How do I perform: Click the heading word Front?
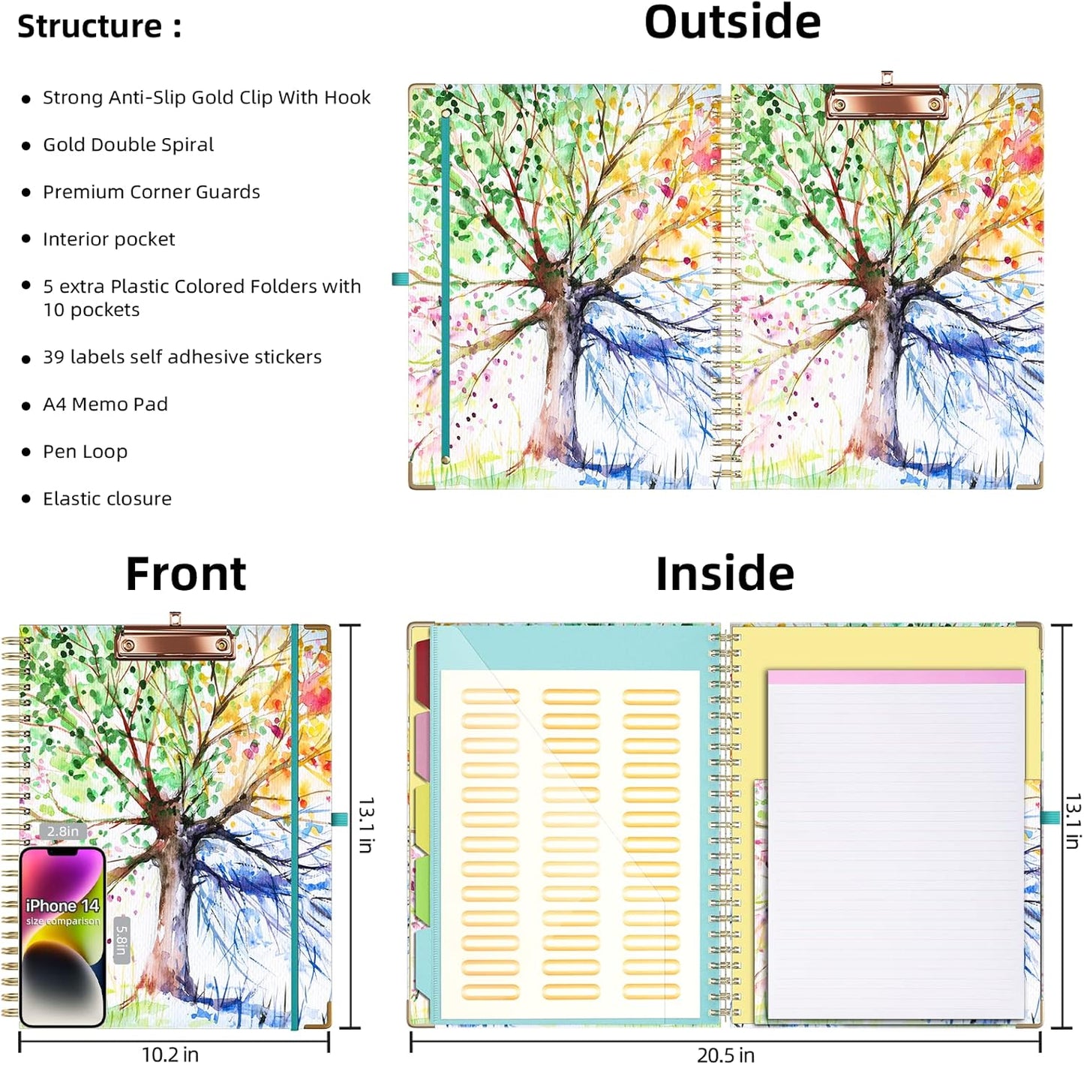(x=185, y=573)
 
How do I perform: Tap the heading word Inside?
(x=725, y=573)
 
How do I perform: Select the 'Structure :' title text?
(x=100, y=26)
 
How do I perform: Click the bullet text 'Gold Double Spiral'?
(x=128, y=145)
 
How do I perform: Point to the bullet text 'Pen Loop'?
(x=85, y=452)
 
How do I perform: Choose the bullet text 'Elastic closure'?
(x=107, y=498)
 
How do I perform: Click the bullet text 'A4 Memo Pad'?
(x=105, y=404)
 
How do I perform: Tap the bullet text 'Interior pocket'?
(x=109, y=239)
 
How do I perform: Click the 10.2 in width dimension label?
(x=170, y=1054)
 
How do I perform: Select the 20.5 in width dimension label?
(x=725, y=1054)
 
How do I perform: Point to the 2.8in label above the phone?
(x=62, y=832)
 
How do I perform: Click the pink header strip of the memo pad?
(x=896, y=677)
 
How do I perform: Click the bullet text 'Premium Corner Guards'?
(x=152, y=192)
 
